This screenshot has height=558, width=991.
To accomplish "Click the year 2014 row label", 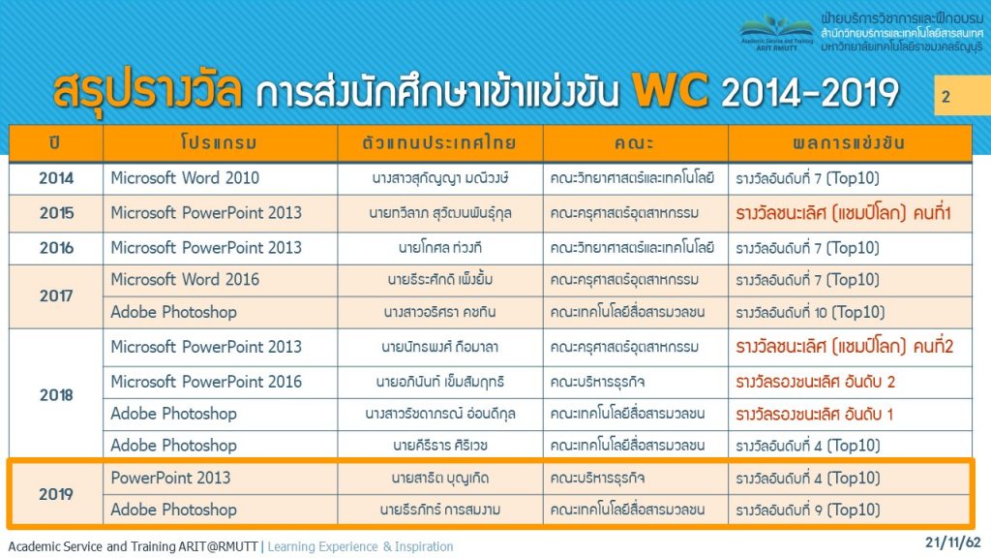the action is tap(56, 178).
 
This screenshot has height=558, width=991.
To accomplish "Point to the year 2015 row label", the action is tap(56, 213).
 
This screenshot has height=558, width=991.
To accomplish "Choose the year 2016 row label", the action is tap(56, 248).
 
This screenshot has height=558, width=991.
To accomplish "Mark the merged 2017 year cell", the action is tap(56, 295).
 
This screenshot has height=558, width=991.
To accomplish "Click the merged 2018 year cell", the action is tap(56, 395).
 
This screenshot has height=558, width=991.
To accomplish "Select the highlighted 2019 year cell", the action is tap(56, 494).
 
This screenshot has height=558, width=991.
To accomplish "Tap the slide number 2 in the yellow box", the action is tap(946, 97).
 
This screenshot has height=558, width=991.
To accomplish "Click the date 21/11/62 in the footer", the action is tap(952, 542).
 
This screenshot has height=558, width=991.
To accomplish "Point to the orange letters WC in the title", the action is tap(671, 91).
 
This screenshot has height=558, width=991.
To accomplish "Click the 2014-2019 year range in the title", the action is tap(810, 92).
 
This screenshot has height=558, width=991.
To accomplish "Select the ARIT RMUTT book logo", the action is tap(777, 32).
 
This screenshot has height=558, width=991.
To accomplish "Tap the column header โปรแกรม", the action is tap(219, 143).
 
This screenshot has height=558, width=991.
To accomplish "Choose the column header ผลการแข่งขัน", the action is tap(849, 143).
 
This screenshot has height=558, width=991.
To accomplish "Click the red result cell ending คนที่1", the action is tap(843, 213).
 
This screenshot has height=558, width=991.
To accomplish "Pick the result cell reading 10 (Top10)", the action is tap(810, 312).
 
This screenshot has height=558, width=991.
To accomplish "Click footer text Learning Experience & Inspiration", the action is tap(360, 546).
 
